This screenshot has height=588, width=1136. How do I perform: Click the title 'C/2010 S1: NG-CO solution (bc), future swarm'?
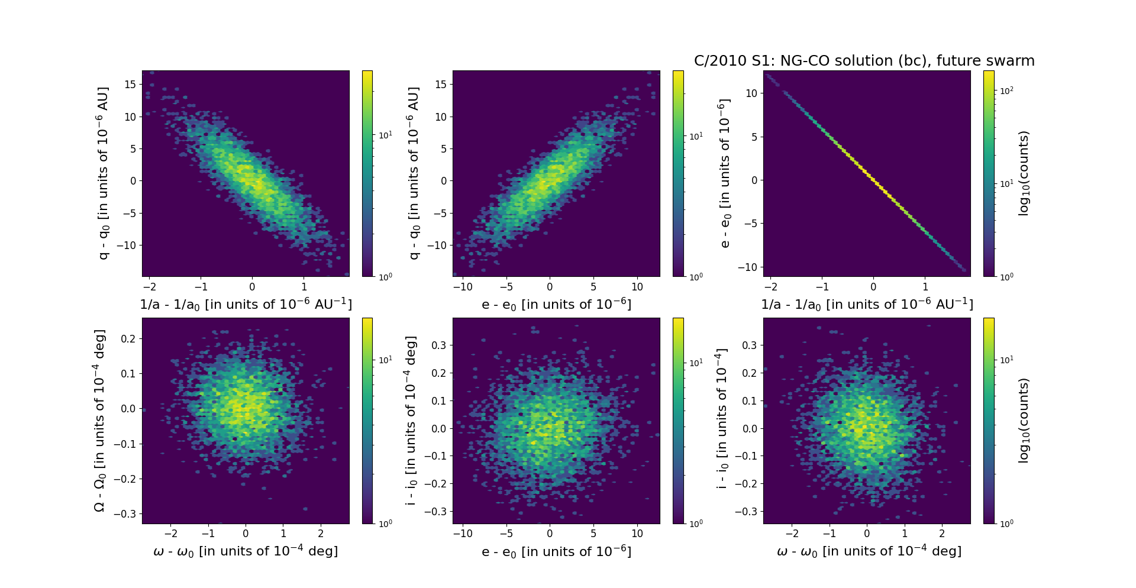tap(864, 61)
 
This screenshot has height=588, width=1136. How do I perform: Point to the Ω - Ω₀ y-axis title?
tap(100, 421)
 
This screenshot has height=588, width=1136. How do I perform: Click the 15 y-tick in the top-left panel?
tap(130, 85)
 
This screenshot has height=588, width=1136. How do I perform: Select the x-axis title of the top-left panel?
tap(246, 305)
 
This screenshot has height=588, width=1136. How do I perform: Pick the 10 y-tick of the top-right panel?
tap(751, 93)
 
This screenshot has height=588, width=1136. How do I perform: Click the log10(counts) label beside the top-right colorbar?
tap(1024, 173)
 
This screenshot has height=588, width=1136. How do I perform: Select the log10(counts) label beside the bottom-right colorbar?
tap(1024, 421)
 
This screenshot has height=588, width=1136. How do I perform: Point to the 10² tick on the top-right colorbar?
tap(1006, 91)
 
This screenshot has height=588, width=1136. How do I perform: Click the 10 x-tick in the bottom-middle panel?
tap(637, 534)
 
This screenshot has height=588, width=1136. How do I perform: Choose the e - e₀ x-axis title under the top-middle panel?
tap(556, 305)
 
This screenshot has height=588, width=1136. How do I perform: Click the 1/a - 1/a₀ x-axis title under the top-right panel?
tap(867, 305)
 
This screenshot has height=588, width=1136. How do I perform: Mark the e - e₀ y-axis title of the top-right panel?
tap(724, 173)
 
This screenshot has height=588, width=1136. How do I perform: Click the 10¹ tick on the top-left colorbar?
tap(385, 135)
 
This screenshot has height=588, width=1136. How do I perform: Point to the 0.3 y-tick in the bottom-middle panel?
tap(438, 345)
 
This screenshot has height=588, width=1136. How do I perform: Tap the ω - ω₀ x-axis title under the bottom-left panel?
tap(246, 551)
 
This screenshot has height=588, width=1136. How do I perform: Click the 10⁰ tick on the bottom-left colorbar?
tap(385, 524)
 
